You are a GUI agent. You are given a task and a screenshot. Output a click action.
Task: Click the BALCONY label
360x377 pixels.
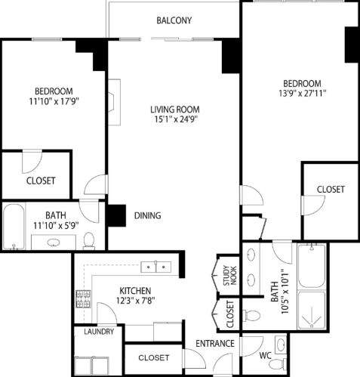[174, 20]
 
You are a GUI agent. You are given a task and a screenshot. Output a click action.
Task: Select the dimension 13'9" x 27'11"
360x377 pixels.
[302, 95]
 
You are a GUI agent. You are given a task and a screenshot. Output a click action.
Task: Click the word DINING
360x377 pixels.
[147, 216]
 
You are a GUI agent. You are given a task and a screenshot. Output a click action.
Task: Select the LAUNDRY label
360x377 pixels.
[99, 332]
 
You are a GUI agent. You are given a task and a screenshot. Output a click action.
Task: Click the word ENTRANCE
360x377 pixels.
[215, 345]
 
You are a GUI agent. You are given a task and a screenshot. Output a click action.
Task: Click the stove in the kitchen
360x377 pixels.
[83, 300]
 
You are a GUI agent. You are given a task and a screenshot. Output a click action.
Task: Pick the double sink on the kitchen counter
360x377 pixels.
[158, 266]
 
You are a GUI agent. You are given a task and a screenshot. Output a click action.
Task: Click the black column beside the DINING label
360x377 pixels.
[115, 215]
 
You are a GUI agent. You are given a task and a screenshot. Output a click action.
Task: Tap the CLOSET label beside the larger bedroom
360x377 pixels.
[330, 189]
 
